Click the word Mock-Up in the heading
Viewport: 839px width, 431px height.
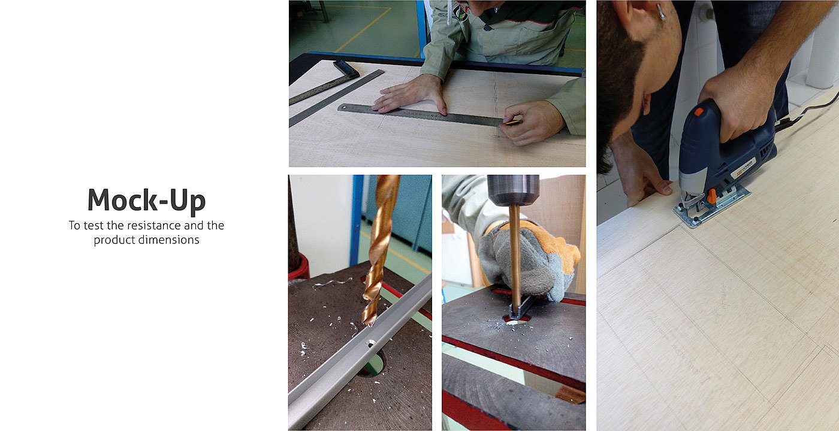(x=146, y=200)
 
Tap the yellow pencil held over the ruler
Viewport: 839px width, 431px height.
(x=513, y=122)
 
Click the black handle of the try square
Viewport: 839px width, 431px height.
(x=346, y=69)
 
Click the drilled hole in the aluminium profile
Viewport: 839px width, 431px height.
(x=370, y=342)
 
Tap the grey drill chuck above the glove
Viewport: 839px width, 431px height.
(x=513, y=190)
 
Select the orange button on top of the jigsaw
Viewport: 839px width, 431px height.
(x=698, y=111)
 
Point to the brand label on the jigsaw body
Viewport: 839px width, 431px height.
(x=744, y=169)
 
